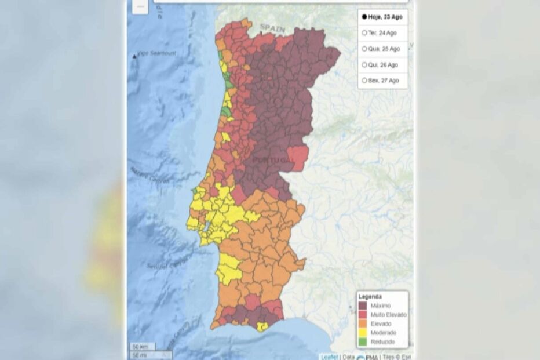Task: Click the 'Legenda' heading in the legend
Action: tap(370, 296)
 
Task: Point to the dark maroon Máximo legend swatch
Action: tap(363, 306)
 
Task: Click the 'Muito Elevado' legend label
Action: tap(388, 315)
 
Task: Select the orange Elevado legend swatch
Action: tap(363, 323)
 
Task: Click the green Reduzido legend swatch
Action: tap(363, 341)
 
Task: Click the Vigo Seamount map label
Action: tap(157, 53)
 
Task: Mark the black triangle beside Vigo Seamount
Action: tap(135, 56)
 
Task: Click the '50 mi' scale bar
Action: tap(139, 354)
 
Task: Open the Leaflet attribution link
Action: tap(330, 357)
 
